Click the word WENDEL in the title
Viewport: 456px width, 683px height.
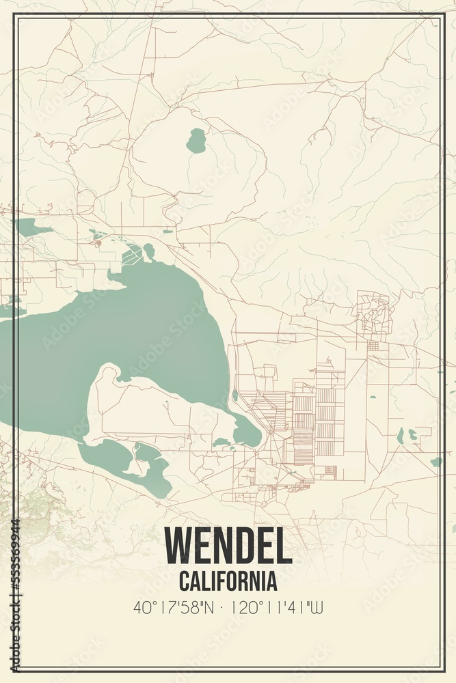pos(228,546)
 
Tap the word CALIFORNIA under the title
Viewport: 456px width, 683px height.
pos(228,581)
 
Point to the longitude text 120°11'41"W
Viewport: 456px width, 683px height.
pos(278,607)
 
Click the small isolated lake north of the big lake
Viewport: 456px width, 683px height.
pos(196,141)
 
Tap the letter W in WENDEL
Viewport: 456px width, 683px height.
pos(180,546)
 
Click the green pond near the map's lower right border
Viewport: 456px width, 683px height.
pos(436,462)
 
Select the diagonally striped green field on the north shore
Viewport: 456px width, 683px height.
pos(132,257)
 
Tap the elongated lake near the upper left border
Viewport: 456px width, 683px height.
pos(31,227)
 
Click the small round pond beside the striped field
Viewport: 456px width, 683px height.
pos(149,251)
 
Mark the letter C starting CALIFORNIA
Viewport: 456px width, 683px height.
pos(184,581)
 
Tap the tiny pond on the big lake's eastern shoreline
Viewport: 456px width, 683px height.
pos(235,395)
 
